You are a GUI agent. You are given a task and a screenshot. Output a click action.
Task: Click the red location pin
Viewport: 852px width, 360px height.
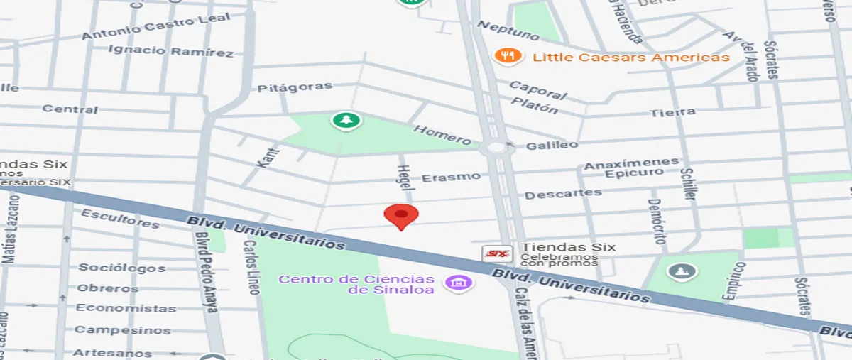coord(401,216)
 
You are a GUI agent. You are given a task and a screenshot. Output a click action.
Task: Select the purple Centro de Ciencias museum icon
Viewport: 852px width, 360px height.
coord(459,283)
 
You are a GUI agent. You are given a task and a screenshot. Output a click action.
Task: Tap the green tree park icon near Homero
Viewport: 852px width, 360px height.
coord(346,121)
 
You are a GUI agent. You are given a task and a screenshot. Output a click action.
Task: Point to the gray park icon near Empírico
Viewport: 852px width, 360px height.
coord(682,271)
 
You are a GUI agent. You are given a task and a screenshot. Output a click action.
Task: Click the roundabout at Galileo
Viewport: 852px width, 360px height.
coord(496,148)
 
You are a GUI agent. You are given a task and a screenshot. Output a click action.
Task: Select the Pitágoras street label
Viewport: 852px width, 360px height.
coord(295,87)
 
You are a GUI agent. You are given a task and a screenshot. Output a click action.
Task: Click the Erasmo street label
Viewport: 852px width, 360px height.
coord(451,177)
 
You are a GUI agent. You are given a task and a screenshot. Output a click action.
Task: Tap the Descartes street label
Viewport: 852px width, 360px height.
coord(563,193)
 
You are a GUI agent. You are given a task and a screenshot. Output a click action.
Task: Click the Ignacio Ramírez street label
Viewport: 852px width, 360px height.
coord(170,51)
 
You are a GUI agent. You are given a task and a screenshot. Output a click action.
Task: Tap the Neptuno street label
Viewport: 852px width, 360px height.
coord(508,30)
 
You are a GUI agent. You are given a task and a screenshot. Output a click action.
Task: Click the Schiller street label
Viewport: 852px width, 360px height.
coord(687,179)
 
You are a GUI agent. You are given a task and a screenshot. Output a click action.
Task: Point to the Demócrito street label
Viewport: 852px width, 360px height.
coord(657,221)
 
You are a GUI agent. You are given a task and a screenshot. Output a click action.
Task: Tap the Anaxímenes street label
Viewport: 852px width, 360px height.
coord(631,164)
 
